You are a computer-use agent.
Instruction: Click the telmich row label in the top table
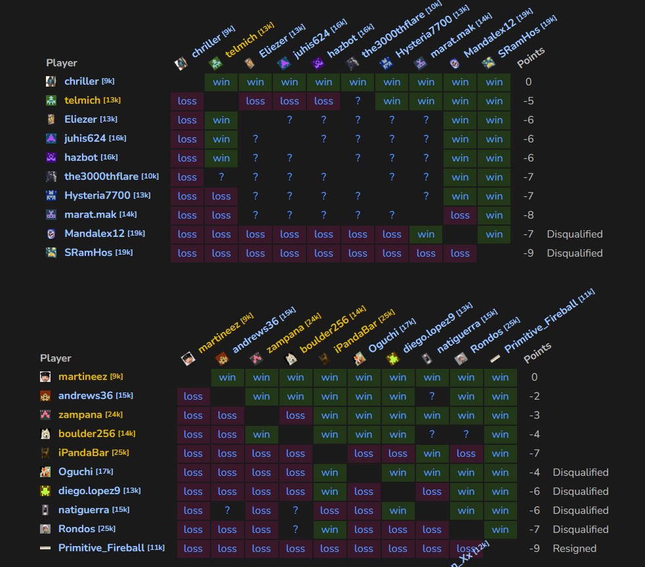coord(82,100)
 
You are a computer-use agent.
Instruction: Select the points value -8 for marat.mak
coord(528,215)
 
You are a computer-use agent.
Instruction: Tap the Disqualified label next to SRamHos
coord(574,253)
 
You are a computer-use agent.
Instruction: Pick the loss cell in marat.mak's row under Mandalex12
coord(460,215)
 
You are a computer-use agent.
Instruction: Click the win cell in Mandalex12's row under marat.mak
coord(426,234)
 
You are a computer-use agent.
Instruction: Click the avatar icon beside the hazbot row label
coord(51,157)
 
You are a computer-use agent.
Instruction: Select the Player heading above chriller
coord(62,63)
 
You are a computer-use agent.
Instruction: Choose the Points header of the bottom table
coord(537,352)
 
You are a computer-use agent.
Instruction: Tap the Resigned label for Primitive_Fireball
coord(574,549)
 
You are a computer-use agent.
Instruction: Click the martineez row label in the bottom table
coord(82,377)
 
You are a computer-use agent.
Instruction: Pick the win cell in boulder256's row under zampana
coord(261,434)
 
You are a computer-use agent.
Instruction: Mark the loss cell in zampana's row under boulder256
coord(295,415)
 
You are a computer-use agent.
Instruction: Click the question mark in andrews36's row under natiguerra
coord(432,396)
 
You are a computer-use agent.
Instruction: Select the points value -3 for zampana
coord(534,415)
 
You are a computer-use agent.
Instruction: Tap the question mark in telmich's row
coord(358,101)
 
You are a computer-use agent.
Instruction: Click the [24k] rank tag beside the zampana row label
coord(114,415)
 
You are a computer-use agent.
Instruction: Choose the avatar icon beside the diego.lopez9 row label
coord(45,491)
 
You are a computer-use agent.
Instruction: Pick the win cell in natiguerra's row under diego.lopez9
coord(398,511)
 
